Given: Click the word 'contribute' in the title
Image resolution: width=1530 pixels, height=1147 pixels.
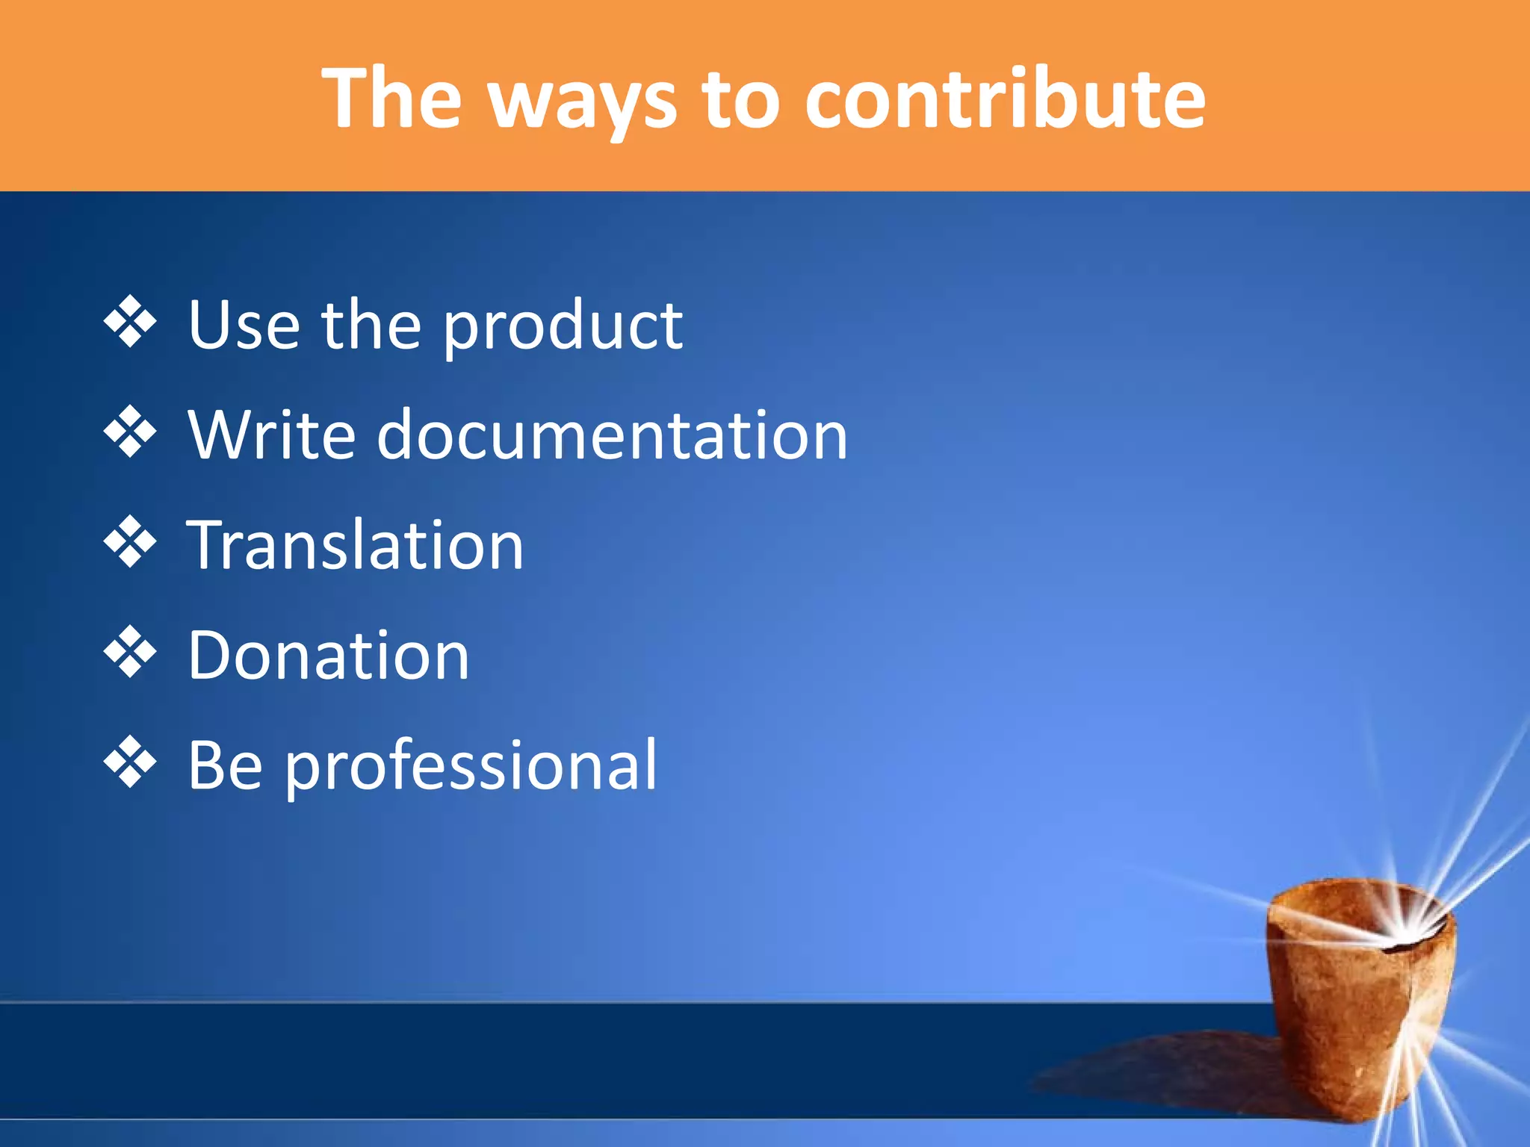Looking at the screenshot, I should [x=1005, y=99].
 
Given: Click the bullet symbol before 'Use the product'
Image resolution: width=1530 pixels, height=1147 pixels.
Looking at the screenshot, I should [x=130, y=322].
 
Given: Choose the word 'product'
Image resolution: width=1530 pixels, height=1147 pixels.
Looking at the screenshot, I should [x=563, y=329].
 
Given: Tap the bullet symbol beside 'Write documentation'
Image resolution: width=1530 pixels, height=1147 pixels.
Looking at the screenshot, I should [x=130, y=432].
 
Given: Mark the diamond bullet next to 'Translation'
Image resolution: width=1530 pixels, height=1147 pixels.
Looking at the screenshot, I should [x=130, y=541].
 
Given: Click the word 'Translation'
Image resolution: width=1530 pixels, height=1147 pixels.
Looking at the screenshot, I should [x=356, y=545].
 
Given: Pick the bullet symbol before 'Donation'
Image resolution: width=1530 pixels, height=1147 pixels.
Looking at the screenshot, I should [x=130, y=652].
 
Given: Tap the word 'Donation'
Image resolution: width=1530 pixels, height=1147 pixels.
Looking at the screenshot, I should [x=329, y=656].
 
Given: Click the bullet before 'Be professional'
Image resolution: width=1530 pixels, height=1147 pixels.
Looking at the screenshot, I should [x=130, y=762].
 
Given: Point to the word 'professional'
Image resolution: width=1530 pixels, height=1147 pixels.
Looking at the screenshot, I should [x=471, y=768].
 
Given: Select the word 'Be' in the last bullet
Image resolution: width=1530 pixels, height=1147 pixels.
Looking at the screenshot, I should [x=225, y=765].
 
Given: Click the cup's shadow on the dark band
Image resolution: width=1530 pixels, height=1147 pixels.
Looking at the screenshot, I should [x=1165, y=1068].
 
